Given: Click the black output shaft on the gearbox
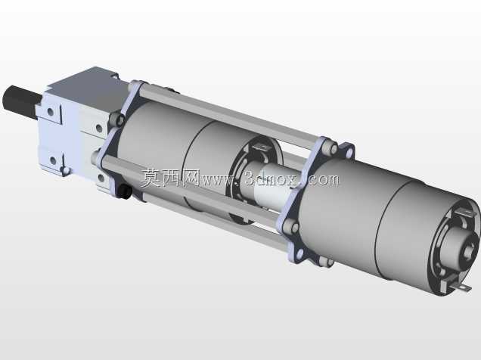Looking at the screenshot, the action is pos(21,100).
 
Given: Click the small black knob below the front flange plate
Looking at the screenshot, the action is pos(125,191).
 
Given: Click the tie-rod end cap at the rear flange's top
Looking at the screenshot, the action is pos(329,147).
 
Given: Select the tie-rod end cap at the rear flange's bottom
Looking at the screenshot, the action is pos(325,262).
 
